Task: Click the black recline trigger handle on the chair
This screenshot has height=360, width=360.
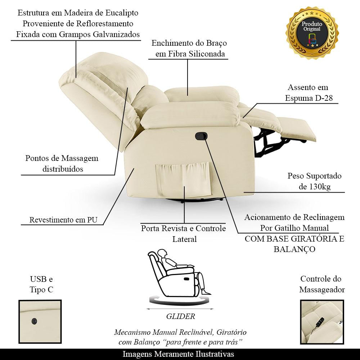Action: [x=201, y=136]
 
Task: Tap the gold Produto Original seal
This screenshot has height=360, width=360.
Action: [x=312, y=33]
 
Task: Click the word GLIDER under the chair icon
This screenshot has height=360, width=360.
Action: [x=180, y=316]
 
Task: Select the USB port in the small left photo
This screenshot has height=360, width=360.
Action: [x=34, y=321]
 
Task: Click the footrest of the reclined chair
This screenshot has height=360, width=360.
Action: [x=296, y=129]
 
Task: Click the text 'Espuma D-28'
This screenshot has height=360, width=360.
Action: [x=309, y=98]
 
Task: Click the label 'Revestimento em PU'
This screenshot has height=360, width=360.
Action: [x=63, y=220]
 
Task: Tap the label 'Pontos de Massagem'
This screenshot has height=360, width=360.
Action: [x=62, y=158]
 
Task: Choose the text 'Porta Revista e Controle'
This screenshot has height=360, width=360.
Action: [x=184, y=229]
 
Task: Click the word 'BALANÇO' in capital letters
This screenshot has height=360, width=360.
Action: [x=294, y=249]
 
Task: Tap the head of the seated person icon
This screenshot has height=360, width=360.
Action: [x=163, y=253]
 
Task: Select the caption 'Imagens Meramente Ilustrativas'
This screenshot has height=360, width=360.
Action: [x=178, y=354]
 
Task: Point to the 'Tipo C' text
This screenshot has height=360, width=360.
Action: [x=41, y=289]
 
